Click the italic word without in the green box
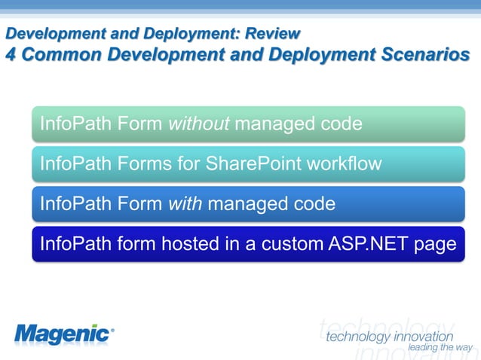(x=199, y=123)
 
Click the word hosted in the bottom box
(x=188, y=245)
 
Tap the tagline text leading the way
(x=440, y=347)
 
